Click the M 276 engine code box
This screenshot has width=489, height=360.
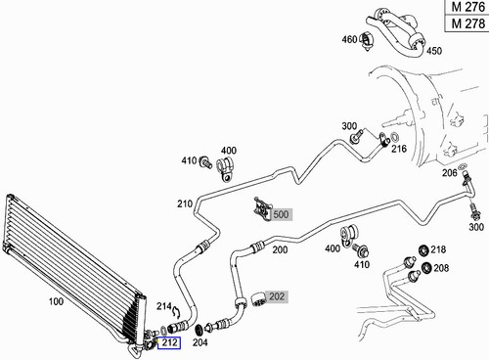click(467, 8)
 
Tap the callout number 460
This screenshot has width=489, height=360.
click(348, 40)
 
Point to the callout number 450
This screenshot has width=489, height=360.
click(434, 51)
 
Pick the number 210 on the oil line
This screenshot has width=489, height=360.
click(184, 203)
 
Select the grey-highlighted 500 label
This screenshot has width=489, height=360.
click(282, 213)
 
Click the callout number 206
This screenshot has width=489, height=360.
click(449, 173)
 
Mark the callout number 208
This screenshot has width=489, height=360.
click(441, 267)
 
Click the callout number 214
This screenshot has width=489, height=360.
click(164, 306)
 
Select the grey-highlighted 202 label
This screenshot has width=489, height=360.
click(277, 295)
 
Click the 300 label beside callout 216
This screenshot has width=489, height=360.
click(349, 126)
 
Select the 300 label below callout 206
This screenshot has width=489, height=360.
click(476, 227)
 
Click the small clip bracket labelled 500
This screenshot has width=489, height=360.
click(261, 206)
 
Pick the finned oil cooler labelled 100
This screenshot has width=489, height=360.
click(68, 264)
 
